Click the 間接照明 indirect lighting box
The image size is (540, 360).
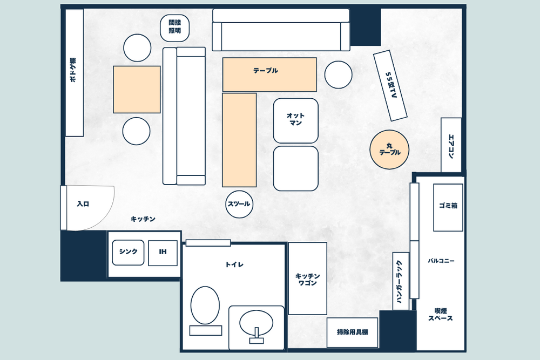(175, 27)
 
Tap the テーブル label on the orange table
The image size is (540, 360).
(266, 71)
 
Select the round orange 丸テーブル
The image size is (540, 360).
(389, 150)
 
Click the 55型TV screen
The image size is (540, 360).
(390, 85)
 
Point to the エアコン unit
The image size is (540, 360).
(451, 145)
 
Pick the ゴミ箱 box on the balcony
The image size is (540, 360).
(448, 207)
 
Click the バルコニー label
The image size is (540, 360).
(441, 261)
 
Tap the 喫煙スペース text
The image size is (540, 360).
(441, 315)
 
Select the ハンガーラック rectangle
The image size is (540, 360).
(401, 281)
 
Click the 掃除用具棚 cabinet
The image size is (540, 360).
(352, 332)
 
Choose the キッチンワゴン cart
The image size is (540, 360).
(308, 279)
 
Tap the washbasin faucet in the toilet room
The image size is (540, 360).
(256, 336)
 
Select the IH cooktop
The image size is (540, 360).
(163, 253)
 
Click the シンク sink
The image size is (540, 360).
(128, 253)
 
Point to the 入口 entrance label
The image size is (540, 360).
(83, 204)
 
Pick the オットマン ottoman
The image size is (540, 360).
(296, 120)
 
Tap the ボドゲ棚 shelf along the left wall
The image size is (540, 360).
(75, 73)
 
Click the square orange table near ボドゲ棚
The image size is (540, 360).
(137, 90)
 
